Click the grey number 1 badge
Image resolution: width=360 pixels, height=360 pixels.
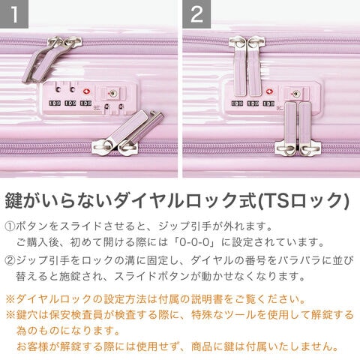(14, 13)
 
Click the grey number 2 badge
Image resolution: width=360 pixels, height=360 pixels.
(196, 13)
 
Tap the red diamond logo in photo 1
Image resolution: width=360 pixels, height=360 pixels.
(87, 91)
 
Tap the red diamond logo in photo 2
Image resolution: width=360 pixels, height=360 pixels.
(269, 91)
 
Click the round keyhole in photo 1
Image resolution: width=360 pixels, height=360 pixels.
(112, 94)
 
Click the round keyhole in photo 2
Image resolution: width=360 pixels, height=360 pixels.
(295, 94)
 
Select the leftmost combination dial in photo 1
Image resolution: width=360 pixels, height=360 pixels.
(55, 103)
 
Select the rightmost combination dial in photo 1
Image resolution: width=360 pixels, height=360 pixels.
(85, 103)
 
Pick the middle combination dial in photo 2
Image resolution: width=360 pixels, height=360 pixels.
(253, 103)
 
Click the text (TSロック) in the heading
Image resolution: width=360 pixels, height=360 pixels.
(303, 200)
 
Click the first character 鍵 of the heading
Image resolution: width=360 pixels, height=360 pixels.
(13, 200)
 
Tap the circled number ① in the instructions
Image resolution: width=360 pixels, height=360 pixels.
(10, 226)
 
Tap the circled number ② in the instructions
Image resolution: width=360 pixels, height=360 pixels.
(10, 260)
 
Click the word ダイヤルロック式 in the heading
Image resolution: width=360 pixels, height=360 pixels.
(185, 200)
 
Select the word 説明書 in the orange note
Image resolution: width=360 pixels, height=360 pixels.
(207, 299)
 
